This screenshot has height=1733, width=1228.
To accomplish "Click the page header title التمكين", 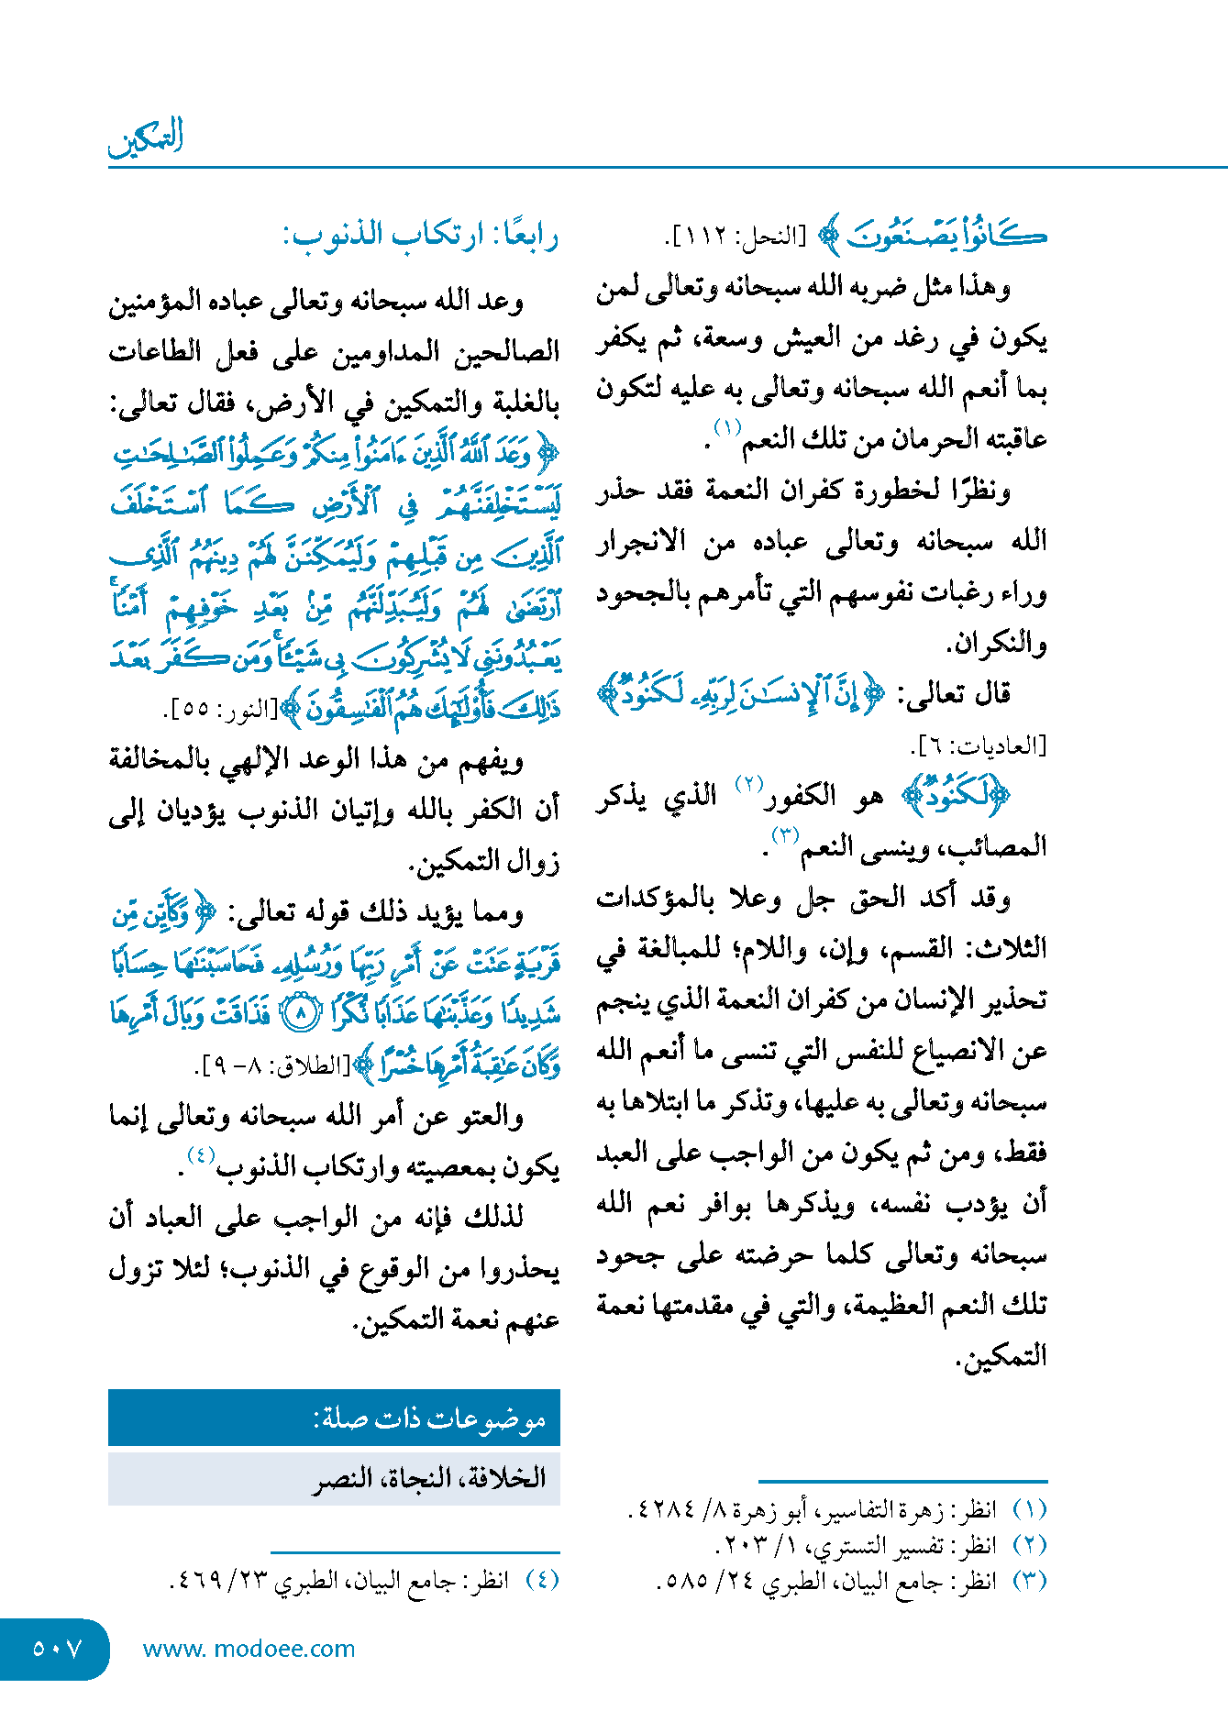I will [147, 138].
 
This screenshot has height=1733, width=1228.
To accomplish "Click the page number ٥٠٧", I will [57, 1649].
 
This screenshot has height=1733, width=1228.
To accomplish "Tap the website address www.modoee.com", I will [249, 1649].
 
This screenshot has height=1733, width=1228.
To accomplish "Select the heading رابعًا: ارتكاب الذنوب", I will [421, 236].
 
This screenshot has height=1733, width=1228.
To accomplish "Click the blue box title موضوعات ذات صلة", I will [430, 1419].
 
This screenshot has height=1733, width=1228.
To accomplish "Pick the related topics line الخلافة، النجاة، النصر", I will [430, 1478].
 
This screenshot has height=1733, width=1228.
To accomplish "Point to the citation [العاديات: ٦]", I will [979, 745].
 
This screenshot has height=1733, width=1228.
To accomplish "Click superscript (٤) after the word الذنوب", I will [201, 1155].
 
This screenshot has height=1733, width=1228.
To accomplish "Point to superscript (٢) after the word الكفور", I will [749, 785].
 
